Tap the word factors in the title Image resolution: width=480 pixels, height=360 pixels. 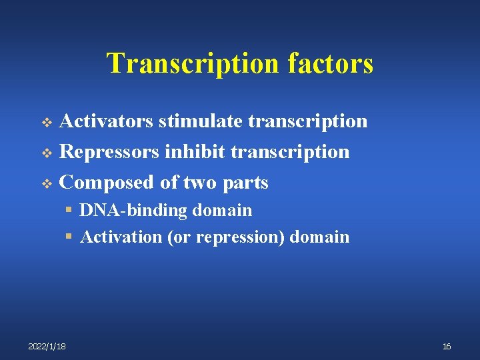click(x=331, y=63)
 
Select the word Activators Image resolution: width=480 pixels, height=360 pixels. click(x=107, y=121)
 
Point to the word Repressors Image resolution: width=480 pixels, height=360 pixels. click(x=110, y=152)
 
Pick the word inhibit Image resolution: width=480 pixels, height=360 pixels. click(x=195, y=152)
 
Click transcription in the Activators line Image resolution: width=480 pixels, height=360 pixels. click(x=308, y=121)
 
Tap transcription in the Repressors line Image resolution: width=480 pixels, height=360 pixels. click(x=290, y=152)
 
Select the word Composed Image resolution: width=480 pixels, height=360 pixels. click(x=107, y=183)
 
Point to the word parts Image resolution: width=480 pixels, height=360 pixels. click(x=246, y=183)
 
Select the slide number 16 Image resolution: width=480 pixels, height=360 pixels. click(x=447, y=346)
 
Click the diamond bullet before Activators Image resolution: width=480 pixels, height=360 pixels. click(x=47, y=122)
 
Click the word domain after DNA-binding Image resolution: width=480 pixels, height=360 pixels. click(x=223, y=211)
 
